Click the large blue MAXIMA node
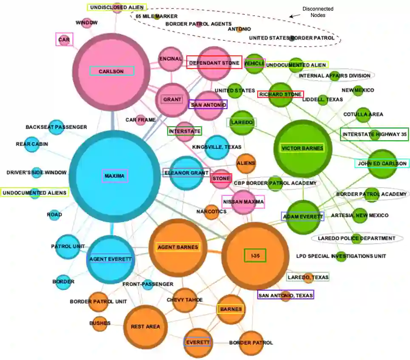[114, 176]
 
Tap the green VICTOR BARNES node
[303, 148]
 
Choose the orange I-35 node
[255, 255]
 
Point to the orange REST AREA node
[146, 326]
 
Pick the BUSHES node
[99, 323]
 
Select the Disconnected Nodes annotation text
[317, 12]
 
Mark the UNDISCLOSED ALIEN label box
[117, 7]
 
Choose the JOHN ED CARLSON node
[382, 163]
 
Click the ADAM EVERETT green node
[303, 217]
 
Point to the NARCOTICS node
[212, 211]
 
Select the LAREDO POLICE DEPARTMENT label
[356, 238]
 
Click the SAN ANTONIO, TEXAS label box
[286, 295]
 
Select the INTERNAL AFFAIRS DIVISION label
[334, 76]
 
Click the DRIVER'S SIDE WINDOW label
[37, 172]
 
